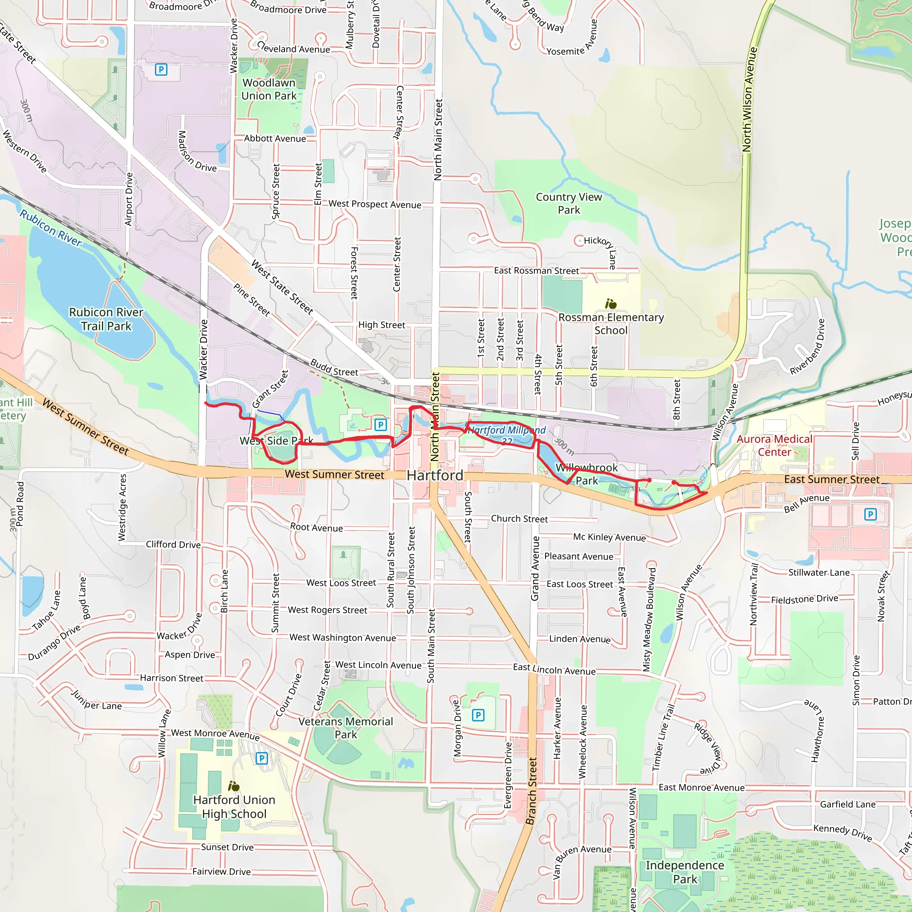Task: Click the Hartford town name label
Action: tap(435, 475)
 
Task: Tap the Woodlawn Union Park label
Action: tap(269, 89)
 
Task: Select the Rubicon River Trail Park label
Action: tap(106, 319)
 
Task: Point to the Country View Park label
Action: tap(569, 204)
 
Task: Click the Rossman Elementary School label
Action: tap(611, 324)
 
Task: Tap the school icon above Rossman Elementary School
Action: tap(611, 304)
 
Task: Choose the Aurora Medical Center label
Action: tap(774, 446)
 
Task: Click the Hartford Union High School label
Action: tap(234, 807)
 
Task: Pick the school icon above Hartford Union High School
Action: tap(234, 786)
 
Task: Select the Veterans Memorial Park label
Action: tap(346, 728)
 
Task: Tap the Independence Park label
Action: tap(684, 872)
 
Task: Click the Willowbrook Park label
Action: tap(587, 474)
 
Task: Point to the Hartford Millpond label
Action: tap(506, 431)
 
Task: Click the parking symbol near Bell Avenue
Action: tap(870, 514)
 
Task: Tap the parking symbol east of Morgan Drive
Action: tap(478, 715)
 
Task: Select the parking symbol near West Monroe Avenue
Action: tap(261, 758)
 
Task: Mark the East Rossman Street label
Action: tap(536, 271)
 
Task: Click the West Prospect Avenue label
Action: tap(375, 204)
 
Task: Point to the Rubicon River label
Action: tap(50, 228)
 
